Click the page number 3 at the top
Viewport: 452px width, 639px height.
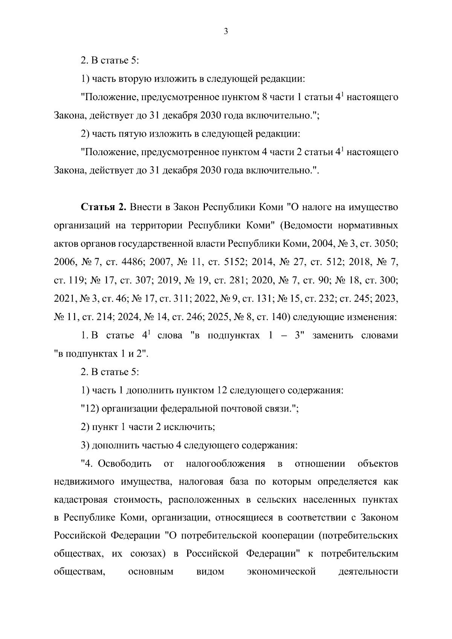point(226,32)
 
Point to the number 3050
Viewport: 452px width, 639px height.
point(384,244)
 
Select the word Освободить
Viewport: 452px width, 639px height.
point(125,464)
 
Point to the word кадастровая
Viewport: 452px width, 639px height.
point(78,500)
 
